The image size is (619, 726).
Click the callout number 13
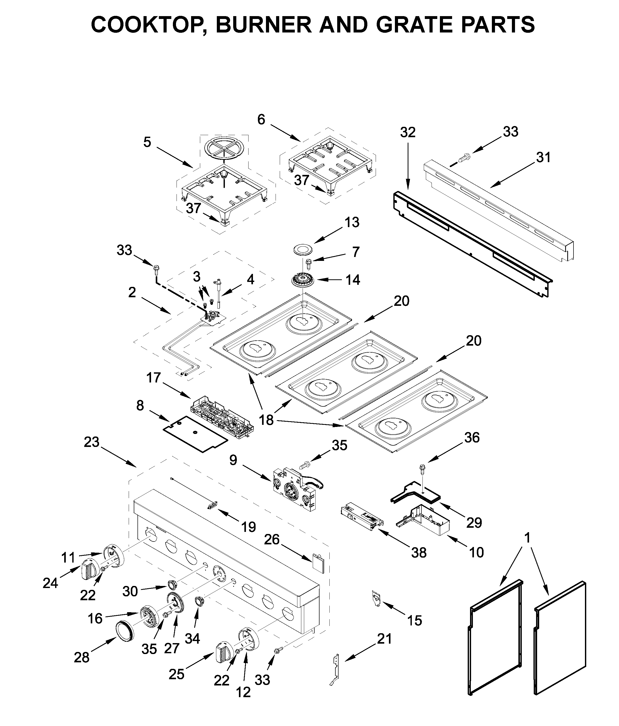[351, 222]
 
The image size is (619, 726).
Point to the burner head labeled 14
[302, 280]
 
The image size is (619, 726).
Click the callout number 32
[408, 133]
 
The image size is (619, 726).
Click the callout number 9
[233, 460]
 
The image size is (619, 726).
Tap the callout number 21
[384, 639]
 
